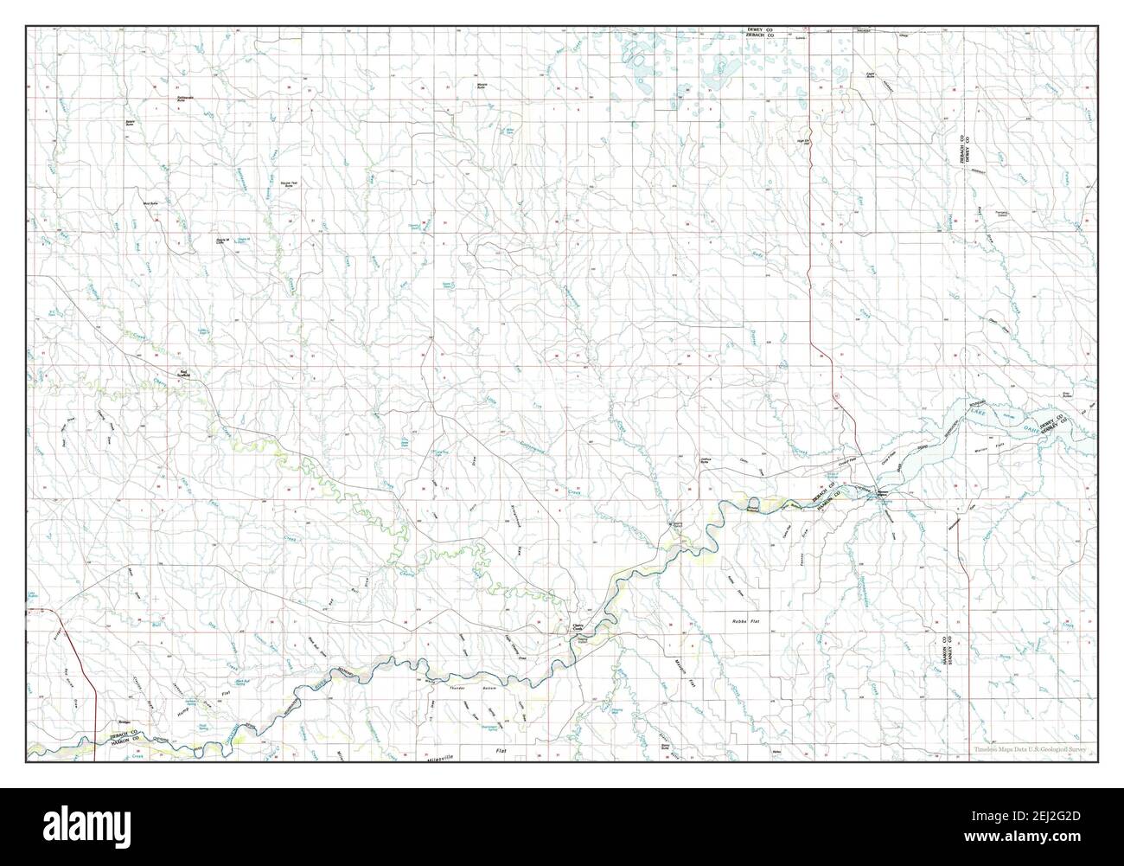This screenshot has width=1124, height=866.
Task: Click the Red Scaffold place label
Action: click(x=183, y=375)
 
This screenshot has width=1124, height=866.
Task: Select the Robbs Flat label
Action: click(x=744, y=621)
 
